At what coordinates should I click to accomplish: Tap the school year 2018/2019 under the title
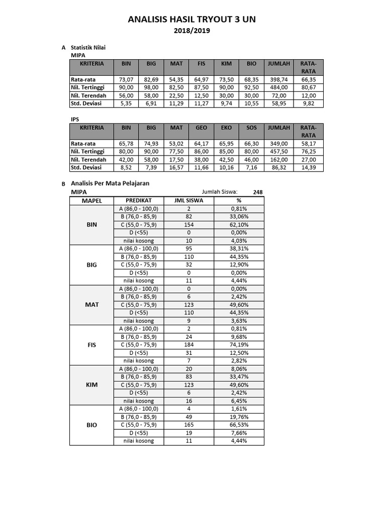[192, 31]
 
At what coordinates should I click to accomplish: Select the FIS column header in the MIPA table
[202, 64]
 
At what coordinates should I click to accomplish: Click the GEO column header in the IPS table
[202, 128]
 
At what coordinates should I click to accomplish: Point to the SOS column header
[252, 128]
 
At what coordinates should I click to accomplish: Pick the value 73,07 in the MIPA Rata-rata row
[126, 79]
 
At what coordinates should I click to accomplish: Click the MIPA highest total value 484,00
[278, 87]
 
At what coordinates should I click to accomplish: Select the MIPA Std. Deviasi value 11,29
[176, 103]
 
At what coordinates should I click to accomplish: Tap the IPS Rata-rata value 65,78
[126, 144]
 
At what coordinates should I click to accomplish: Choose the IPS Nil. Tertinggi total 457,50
[278, 152]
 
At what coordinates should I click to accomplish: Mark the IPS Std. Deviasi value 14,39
[308, 168]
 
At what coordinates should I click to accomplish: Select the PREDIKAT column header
[139, 200]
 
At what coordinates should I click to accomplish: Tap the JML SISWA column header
[189, 200]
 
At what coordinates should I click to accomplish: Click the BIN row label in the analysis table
[91, 224]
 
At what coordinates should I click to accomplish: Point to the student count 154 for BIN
[189, 224]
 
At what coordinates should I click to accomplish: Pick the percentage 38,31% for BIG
[239, 248]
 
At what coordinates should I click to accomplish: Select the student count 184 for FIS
[189, 345]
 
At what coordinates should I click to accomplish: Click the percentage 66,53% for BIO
[239, 425]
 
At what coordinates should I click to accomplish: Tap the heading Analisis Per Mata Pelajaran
[110, 184]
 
